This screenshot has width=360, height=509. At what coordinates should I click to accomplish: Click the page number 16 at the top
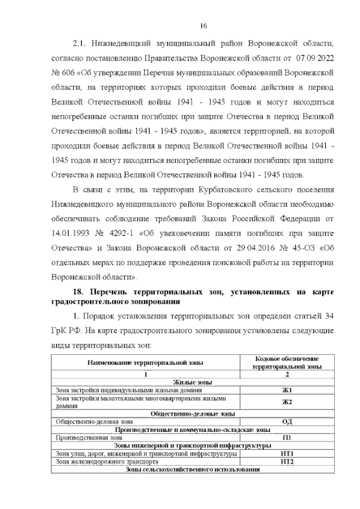pyautogui.click(x=204, y=25)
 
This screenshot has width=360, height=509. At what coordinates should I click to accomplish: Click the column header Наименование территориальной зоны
pyautogui.click(x=145, y=362)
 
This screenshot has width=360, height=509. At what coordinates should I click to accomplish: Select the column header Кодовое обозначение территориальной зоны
pyautogui.click(x=287, y=362)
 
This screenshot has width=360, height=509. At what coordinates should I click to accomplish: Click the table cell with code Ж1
pyautogui.click(x=287, y=390)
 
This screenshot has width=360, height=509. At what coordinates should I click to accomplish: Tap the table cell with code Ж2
pyautogui.click(x=287, y=402)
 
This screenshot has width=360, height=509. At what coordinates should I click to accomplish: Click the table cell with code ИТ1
pyautogui.click(x=287, y=453)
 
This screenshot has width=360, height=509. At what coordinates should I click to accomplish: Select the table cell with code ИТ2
pyautogui.click(x=287, y=462)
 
